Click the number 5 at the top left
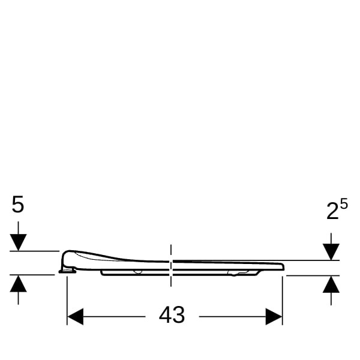click(18, 204)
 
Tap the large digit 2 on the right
click(332, 211)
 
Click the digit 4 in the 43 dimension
click(165, 315)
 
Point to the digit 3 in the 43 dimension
click(178, 315)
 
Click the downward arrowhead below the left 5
click(18, 242)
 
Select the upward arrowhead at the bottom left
click(18, 284)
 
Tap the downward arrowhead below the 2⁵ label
click(331, 252)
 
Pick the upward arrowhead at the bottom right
click(331, 284)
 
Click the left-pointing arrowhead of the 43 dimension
click(76, 317)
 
